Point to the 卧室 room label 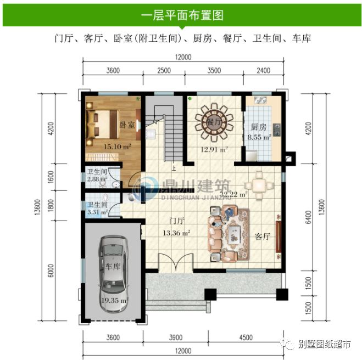(127, 125)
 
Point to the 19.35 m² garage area (114, 300)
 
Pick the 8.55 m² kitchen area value (258, 137)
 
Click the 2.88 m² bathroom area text (97, 179)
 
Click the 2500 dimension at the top (164, 70)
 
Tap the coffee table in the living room (234, 234)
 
